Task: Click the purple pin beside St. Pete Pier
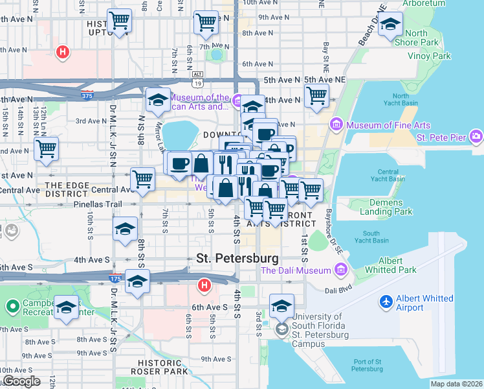tap(476, 137)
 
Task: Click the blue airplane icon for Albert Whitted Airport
tap(387, 302)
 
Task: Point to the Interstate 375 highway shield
tap(87, 96)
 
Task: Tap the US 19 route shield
tap(197, 82)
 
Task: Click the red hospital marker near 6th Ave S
tap(204, 285)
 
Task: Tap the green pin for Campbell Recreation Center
tap(12, 305)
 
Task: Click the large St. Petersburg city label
tap(237, 258)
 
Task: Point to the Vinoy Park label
tap(429, 56)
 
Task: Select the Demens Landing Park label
tap(386, 206)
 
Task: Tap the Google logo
tap(21, 381)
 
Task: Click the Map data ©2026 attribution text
tap(456, 384)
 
